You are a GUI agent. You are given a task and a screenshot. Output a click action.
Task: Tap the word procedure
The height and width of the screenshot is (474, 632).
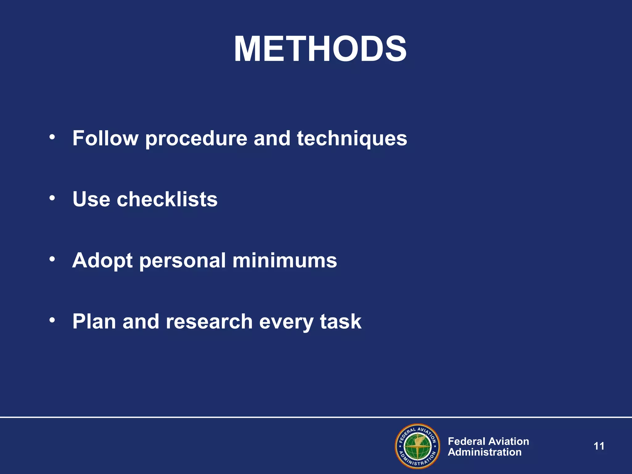coord(196,139)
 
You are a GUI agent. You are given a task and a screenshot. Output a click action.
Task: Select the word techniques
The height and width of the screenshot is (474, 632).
coord(352,139)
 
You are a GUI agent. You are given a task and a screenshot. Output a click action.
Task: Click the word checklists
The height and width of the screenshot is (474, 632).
coord(167,199)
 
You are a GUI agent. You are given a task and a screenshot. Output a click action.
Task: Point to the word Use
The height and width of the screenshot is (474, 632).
coord(91,199)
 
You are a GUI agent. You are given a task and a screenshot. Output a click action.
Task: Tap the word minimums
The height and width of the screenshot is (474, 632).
coord(285,260)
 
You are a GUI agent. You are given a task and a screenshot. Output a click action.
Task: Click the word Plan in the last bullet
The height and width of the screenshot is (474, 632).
coord(94,322)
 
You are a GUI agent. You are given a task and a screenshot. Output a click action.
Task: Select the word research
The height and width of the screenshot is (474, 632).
coord(209,322)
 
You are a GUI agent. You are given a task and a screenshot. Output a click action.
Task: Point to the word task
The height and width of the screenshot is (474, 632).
coord(340,322)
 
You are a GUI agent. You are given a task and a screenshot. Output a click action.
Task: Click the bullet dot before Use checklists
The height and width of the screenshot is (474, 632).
coord(52,197)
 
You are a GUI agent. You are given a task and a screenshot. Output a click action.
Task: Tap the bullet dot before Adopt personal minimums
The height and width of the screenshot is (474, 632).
coord(52,259)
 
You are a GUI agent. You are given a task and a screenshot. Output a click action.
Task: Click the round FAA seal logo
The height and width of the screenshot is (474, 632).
coord(417,446)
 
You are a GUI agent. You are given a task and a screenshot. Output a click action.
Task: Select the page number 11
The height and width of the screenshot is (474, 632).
coord(599,446)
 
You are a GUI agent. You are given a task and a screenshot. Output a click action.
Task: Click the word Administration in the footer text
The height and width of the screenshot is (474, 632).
coord(484,452)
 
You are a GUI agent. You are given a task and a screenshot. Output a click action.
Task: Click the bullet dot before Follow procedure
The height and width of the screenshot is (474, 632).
coord(52,136)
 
